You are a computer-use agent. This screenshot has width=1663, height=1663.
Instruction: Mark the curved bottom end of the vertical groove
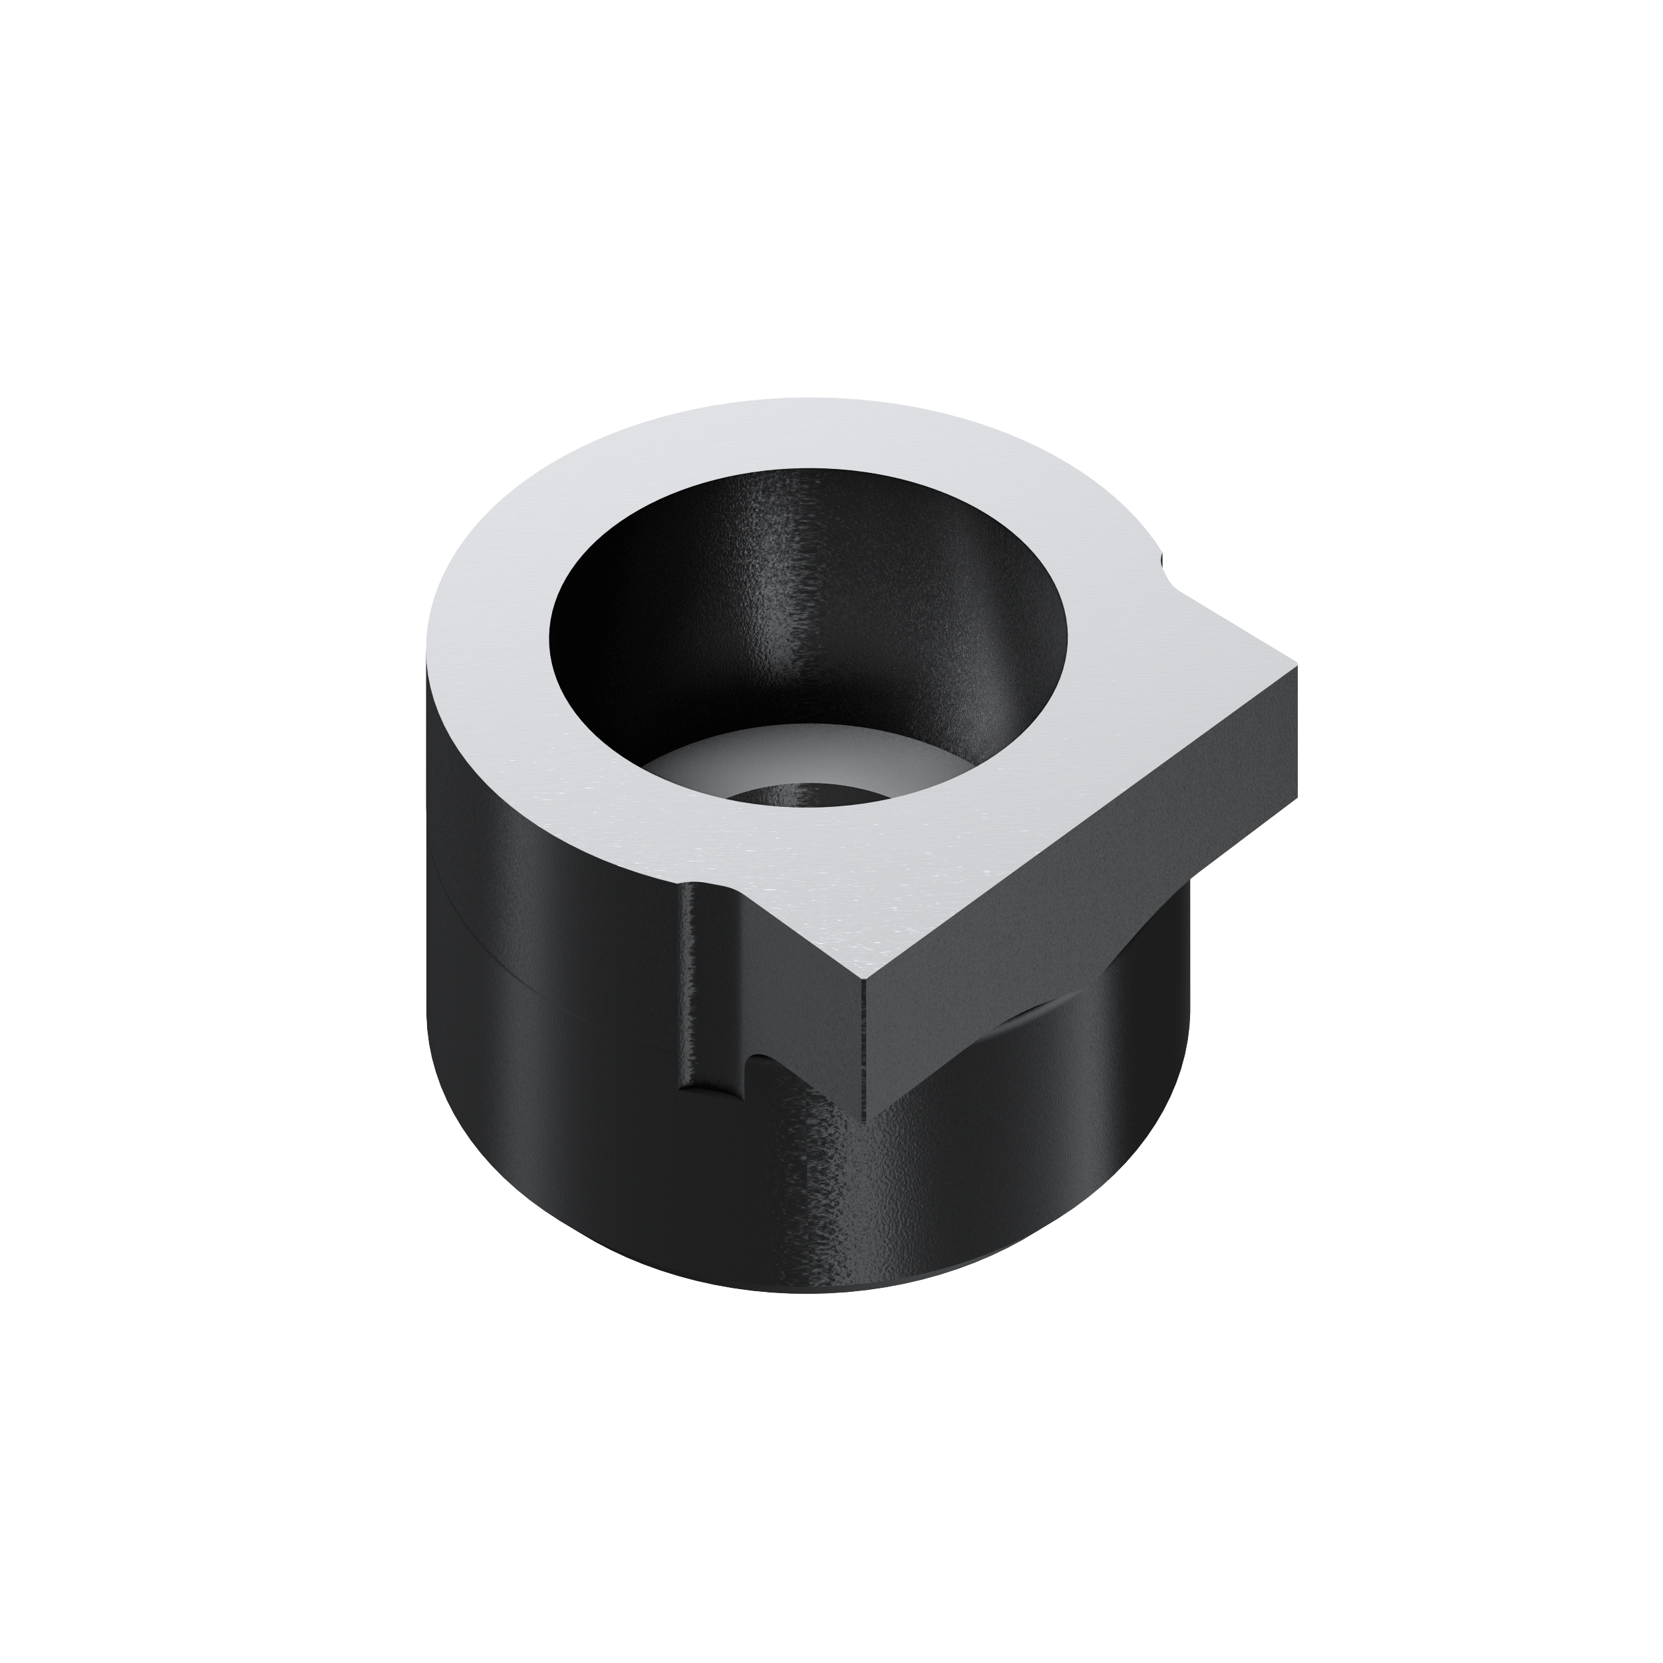[x=714, y=1090]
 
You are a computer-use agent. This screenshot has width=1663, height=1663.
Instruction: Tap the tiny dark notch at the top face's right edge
[x=1163, y=561]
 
